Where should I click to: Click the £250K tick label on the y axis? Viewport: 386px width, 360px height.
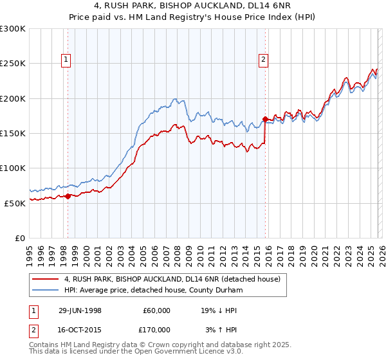(13, 64)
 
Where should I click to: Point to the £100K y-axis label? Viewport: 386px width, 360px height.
(13, 168)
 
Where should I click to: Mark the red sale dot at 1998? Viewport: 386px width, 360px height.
(68, 196)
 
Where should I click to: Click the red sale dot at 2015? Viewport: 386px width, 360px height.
(265, 119)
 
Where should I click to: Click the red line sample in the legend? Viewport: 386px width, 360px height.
(46, 280)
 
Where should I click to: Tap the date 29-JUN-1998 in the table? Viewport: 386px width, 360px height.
(80, 310)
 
